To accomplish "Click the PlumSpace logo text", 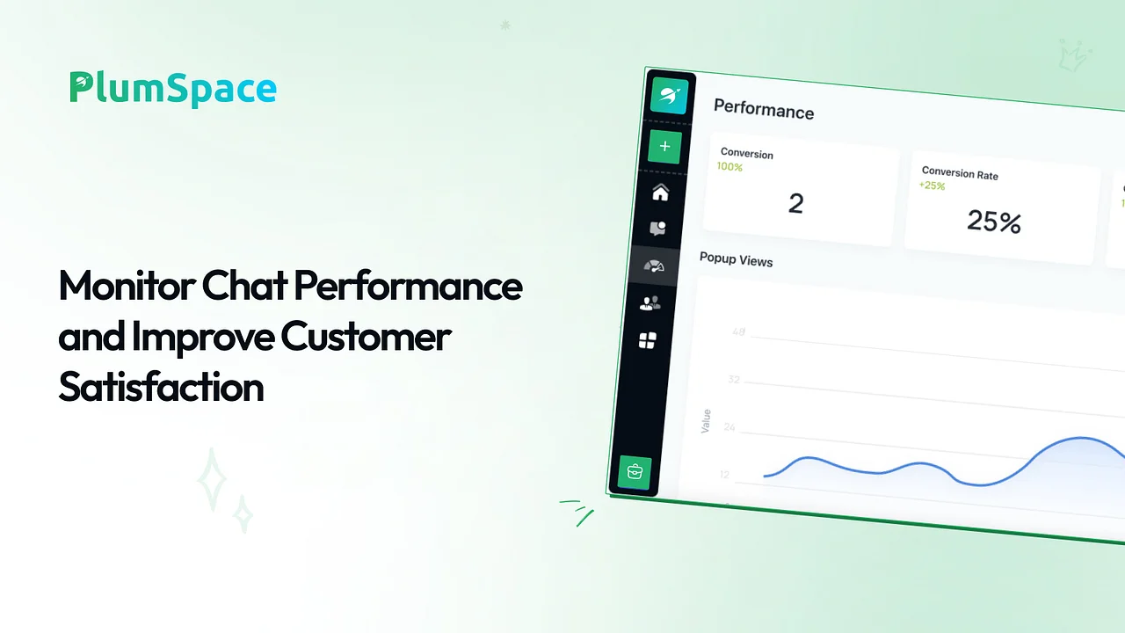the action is (173, 89).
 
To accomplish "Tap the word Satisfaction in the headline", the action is (161, 387).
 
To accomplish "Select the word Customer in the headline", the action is (366, 336).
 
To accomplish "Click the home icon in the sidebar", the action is (660, 193).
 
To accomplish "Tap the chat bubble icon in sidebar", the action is (657, 229).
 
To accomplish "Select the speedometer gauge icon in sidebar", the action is (654, 266).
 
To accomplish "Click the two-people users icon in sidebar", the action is (650, 303).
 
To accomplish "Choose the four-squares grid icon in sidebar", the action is (648, 340).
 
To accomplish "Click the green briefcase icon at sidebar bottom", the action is (635, 472).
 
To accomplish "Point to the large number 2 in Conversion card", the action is (795, 203).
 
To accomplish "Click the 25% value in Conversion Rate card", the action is (994, 221).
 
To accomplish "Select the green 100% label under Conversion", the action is (729, 167).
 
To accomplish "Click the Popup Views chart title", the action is (737, 259).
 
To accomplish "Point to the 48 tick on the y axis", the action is (739, 331).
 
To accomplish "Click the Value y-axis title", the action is (706, 421).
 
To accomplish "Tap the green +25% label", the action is (933, 186).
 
